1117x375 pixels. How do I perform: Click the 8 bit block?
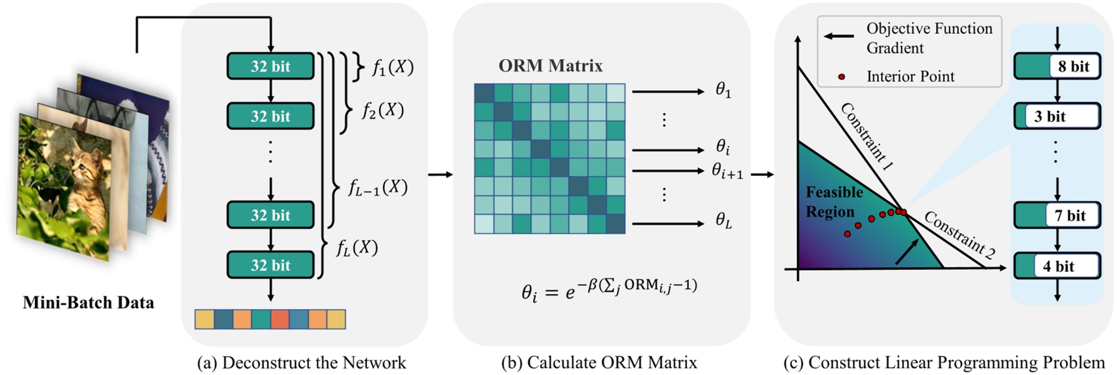(1057, 66)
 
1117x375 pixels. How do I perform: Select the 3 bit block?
(1057, 116)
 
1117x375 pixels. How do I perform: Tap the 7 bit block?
(1057, 216)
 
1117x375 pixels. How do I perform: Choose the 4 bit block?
(1057, 266)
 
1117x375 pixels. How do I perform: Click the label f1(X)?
(392, 67)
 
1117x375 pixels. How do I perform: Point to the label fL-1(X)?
(377, 187)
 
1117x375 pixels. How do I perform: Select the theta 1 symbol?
(723, 91)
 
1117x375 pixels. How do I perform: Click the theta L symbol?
(724, 222)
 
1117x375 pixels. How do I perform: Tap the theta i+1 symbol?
(727, 172)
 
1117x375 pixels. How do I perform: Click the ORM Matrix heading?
(550, 65)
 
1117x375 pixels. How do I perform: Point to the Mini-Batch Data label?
(88, 303)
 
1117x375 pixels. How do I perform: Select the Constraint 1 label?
(866, 136)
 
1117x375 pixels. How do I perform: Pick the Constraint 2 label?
(958, 235)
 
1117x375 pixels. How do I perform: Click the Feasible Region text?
(834, 202)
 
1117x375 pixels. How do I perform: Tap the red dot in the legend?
(841, 77)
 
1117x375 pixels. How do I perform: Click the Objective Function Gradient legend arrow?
(837, 36)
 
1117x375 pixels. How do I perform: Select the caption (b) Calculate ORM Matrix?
(599, 363)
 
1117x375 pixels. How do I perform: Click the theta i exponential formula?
(609, 289)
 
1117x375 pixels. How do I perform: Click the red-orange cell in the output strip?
(280, 319)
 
